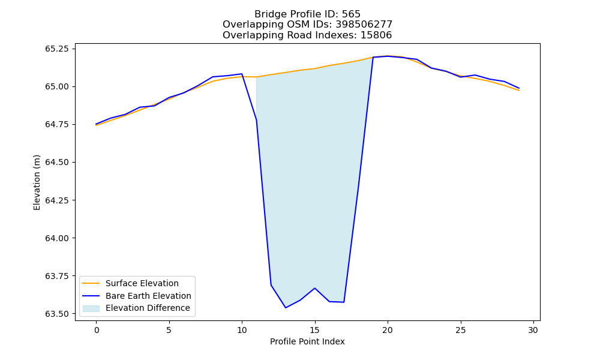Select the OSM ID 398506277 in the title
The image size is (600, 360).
(x=364, y=25)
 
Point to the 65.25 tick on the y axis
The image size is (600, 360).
(x=57, y=49)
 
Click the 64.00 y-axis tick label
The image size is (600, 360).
(x=57, y=238)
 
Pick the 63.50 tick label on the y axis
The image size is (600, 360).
(x=57, y=314)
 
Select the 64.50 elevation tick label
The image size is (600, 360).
(x=57, y=162)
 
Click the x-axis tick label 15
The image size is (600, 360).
(x=314, y=330)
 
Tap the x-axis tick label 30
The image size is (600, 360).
(x=533, y=330)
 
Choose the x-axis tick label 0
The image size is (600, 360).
(x=96, y=330)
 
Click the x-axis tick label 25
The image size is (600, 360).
(x=460, y=330)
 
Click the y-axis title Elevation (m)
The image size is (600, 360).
(x=37, y=182)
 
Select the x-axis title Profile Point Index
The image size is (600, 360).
(x=307, y=341)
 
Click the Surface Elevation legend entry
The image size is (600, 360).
(x=131, y=283)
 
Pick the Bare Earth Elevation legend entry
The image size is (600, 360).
(x=137, y=296)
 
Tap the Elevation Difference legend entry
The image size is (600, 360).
(x=136, y=308)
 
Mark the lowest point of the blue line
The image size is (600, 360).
(x=286, y=308)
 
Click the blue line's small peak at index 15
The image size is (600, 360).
(x=314, y=288)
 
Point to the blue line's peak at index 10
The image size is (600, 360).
(x=242, y=74)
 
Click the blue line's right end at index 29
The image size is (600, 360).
(x=519, y=88)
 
